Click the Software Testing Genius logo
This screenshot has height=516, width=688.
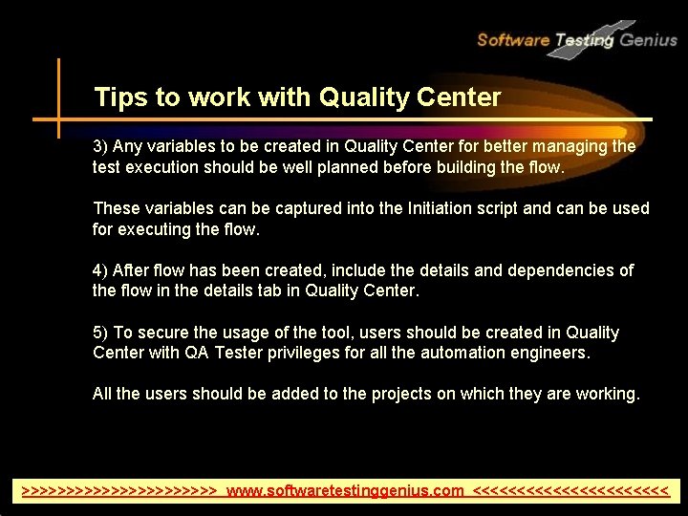576,39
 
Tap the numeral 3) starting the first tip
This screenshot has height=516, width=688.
101,146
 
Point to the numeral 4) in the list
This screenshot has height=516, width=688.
101,270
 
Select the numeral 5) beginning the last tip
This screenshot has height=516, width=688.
101,333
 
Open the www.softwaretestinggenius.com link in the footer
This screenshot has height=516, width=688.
346,491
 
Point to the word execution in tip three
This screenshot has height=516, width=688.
161,168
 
